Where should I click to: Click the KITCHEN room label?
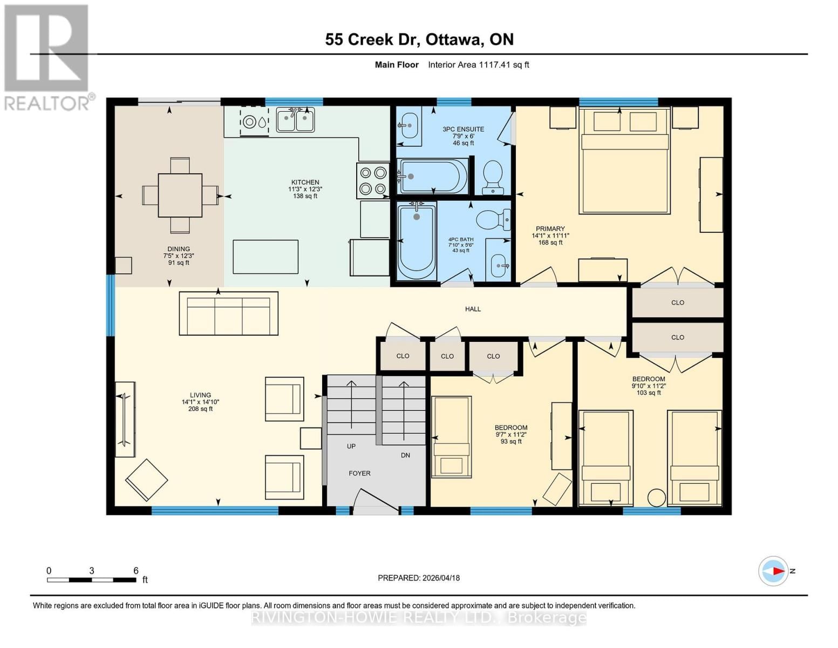point(305,183)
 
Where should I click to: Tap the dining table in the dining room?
point(180,195)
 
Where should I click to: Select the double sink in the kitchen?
point(295,120)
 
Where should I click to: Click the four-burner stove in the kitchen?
point(373,180)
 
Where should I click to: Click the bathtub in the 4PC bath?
point(416,241)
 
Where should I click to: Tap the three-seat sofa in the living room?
point(228,313)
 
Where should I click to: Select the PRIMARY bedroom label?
point(550,229)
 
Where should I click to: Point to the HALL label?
point(473,309)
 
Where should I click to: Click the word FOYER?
point(359,473)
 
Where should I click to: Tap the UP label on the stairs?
point(351,446)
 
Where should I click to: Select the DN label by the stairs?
point(405,455)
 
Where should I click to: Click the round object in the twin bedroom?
point(656,497)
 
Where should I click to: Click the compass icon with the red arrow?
point(773,571)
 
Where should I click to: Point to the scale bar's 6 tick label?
point(135,570)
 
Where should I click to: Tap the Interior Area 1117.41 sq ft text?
point(478,65)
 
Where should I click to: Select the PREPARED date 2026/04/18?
point(418,578)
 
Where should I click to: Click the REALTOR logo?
point(47,57)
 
